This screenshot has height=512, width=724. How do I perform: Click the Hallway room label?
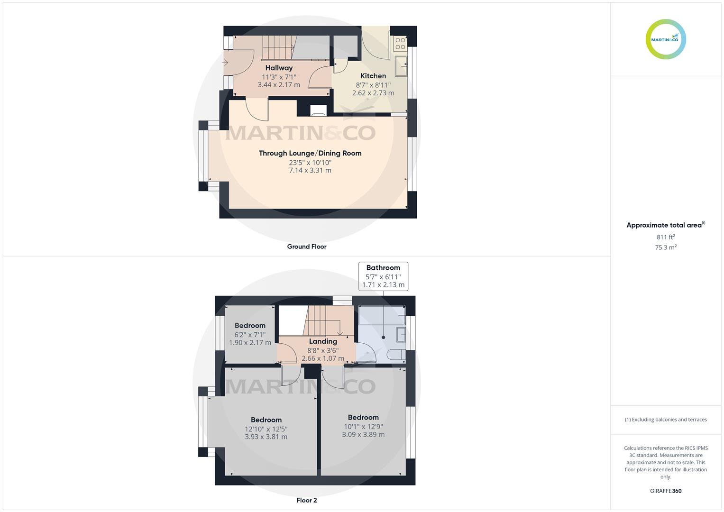point(279,68)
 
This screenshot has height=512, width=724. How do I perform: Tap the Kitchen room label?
point(373,76)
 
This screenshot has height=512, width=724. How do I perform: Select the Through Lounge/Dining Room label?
point(310,153)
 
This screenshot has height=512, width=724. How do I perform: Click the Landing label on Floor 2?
point(323,341)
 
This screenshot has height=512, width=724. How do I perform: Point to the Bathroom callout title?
point(383,268)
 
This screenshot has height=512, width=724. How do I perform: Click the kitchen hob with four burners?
point(400,44)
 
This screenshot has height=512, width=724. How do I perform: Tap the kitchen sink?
point(401,66)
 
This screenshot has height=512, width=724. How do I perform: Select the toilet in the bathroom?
point(396,355)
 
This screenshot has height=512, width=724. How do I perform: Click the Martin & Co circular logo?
point(666,39)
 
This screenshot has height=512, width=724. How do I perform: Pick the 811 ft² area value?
point(666,237)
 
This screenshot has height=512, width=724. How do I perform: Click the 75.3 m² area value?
point(666,247)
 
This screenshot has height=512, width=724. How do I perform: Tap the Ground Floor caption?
point(307,247)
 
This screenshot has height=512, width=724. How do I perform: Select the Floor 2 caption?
point(307,500)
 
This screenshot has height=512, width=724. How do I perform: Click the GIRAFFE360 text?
point(666,491)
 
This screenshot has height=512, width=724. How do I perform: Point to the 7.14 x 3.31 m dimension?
point(310,170)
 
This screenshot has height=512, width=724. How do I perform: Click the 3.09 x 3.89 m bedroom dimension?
point(363,434)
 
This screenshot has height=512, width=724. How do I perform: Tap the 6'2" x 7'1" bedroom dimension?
point(250,335)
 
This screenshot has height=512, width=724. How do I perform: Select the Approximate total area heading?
point(666,225)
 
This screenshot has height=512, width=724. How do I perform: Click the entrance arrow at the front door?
point(225,63)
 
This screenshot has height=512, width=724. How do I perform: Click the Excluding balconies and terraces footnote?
point(666,420)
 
